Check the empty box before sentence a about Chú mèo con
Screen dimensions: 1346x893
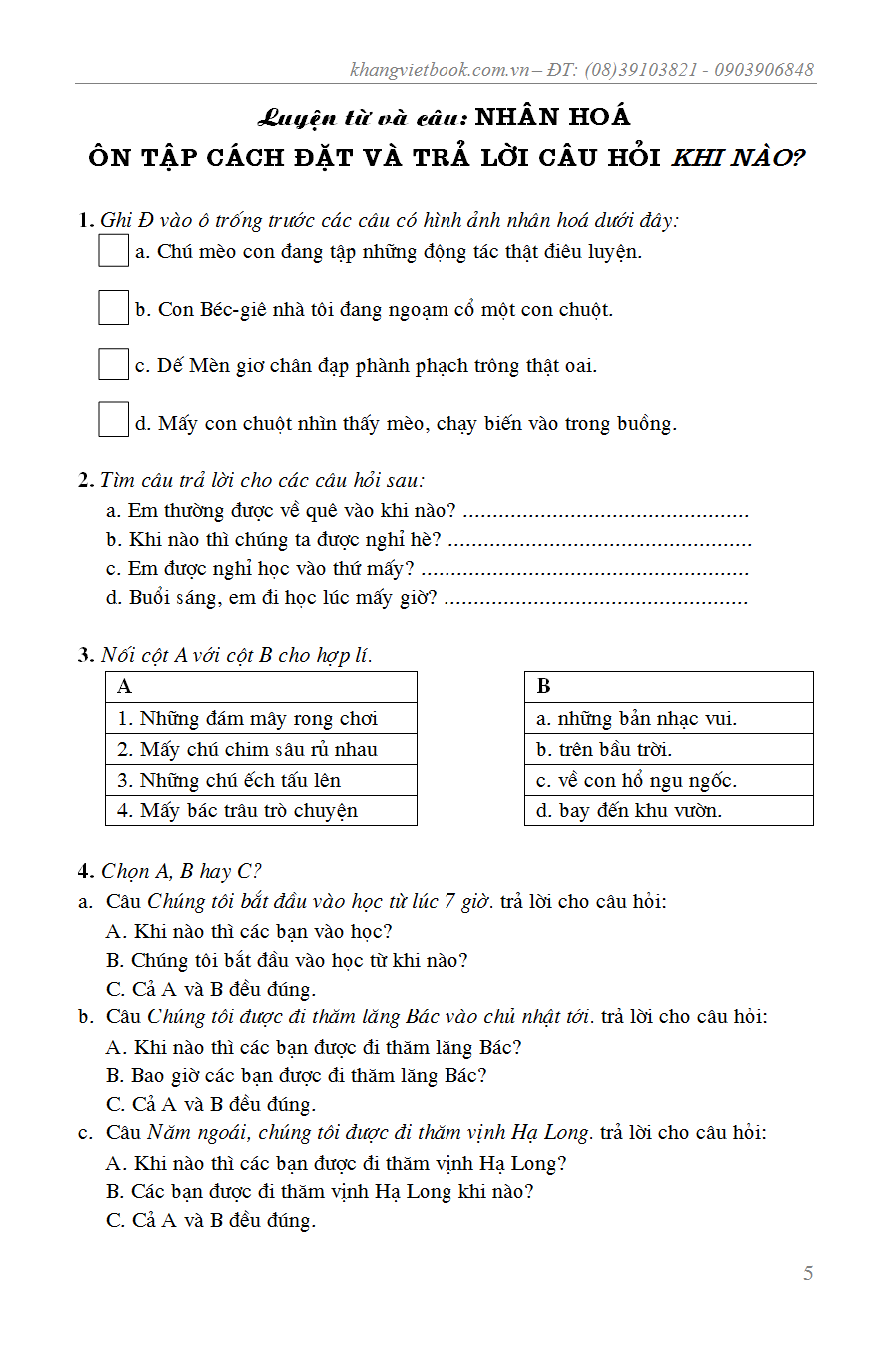click(113, 250)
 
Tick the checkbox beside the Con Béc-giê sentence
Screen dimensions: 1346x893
click(113, 308)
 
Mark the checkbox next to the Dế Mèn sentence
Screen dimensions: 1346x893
click(113, 364)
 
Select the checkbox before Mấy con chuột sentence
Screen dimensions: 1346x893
click(113, 421)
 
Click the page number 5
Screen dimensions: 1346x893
click(808, 1273)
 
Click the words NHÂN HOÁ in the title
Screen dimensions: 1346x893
click(552, 117)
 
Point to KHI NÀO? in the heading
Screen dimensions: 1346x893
click(738, 158)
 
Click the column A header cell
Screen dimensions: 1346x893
click(260, 687)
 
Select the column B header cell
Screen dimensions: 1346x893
click(668, 687)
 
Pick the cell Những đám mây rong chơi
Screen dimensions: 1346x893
click(260, 718)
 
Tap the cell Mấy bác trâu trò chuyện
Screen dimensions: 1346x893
click(260, 810)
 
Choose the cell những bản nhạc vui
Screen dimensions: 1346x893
click(668, 718)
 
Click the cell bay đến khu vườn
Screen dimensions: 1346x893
click(668, 810)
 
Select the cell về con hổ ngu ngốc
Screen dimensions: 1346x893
click(668, 780)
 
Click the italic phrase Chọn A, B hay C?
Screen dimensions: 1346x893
click(181, 871)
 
